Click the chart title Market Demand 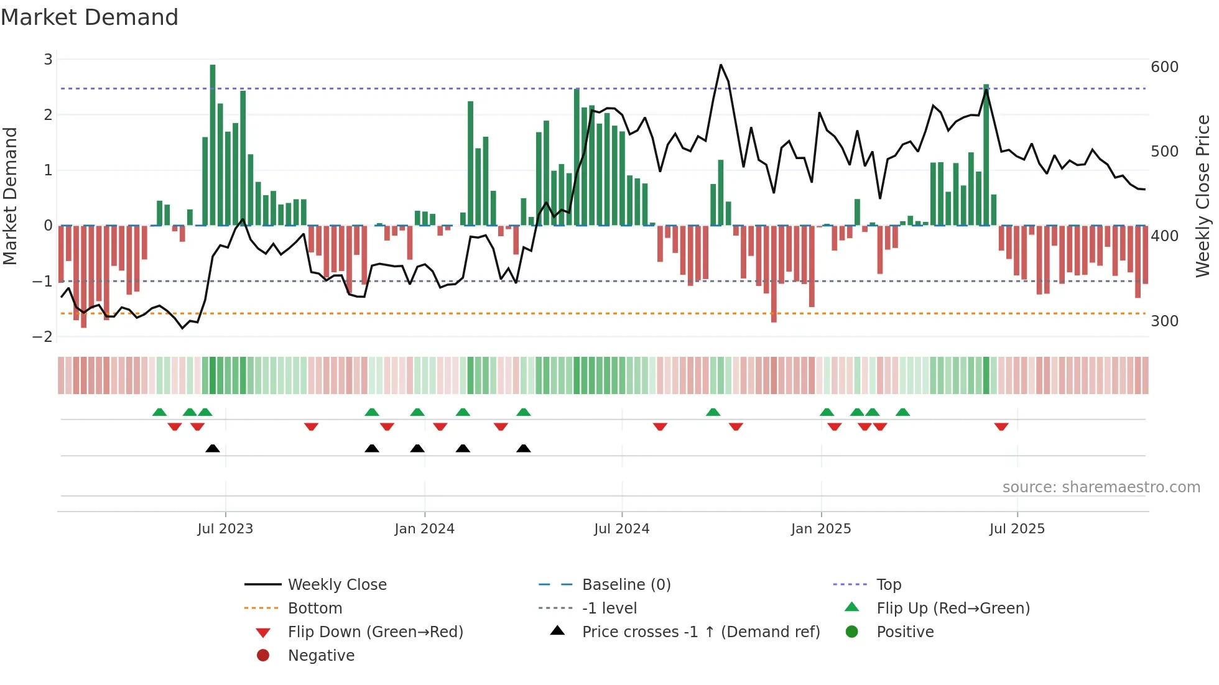coord(90,17)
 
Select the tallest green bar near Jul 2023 coord(213,144)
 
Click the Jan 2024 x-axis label coord(424,529)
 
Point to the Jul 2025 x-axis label coord(1017,529)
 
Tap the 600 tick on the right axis coord(1164,67)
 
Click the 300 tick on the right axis coord(1164,321)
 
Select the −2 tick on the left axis coord(42,337)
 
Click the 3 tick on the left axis coord(48,60)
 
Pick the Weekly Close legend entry coord(336,585)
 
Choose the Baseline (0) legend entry coord(626,585)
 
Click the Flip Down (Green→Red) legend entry coord(375,632)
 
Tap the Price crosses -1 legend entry coord(700,632)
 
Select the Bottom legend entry coord(315,609)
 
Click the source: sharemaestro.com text coord(1101,487)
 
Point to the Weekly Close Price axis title coord(1203,196)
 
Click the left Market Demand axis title coord(10,196)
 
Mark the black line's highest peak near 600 coord(721,65)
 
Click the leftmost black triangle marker coord(213,448)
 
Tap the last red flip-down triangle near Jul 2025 coord(1001,426)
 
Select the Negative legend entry coord(321,656)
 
